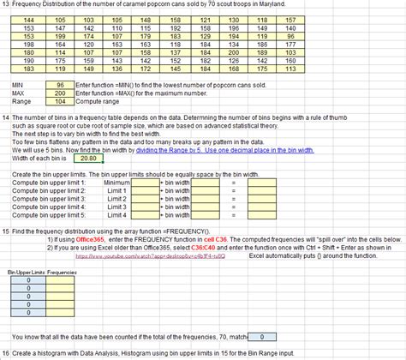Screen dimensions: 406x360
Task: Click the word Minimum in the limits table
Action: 116,182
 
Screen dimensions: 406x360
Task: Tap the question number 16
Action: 6,353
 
